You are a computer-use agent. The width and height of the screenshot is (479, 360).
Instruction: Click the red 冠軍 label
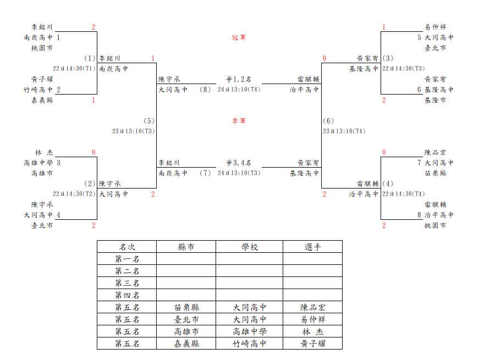[x=239, y=37]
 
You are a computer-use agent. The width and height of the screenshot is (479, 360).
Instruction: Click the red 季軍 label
[x=239, y=121]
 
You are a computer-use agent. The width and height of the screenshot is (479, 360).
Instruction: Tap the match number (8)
[x=205, y=90]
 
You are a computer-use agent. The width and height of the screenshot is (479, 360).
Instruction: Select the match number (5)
[x=149, y=121]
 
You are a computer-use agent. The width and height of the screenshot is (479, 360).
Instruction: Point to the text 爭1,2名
[x=239, y=79]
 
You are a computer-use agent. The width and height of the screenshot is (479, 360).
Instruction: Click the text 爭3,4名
[x=239, y=163]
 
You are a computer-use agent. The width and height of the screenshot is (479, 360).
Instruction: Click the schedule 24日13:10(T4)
[x=239, y=90]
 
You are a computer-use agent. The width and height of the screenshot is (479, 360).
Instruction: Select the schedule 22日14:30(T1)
[x=74, y=68]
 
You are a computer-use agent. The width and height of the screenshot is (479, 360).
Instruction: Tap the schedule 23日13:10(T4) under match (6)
[x=344, y=131]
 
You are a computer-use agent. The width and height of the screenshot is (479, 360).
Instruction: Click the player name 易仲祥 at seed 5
[x=436, y=27]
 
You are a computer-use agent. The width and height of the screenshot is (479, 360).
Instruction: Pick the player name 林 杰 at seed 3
[x=44, y=152]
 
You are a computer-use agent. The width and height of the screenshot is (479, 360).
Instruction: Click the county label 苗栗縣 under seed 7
[x=436, y=173]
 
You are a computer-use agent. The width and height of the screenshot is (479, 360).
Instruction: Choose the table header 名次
[x=127, y=247]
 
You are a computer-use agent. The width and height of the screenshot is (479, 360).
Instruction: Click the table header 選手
[x=312, y=247]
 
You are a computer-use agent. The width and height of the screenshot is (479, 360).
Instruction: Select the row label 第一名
[x=127, y=259]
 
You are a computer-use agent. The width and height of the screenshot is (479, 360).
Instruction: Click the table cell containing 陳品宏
[x=312, y=307]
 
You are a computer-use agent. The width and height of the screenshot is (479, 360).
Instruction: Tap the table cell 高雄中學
[x=249, y=331]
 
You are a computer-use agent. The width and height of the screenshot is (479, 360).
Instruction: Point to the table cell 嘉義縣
[x=186, y=344]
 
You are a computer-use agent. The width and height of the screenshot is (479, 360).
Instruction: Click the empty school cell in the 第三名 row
[x=249, y=283]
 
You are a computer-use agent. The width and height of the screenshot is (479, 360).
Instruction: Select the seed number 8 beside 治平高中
[x=419, y=215]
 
